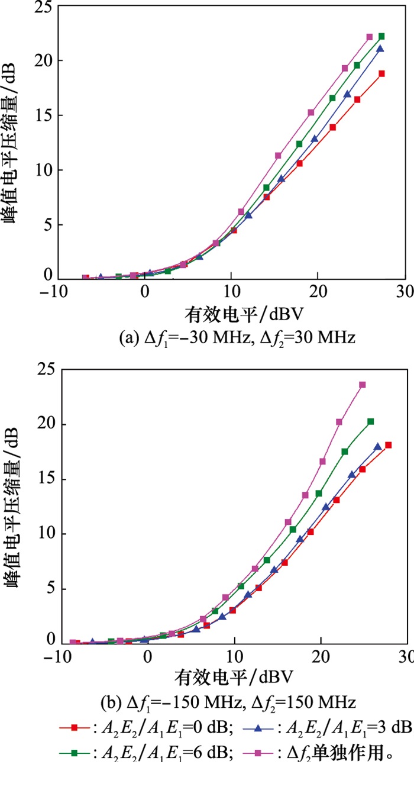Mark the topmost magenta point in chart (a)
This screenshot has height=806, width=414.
coord(370,37)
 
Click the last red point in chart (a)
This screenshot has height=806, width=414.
coord(382,73)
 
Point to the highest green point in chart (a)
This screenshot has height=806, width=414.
coord(381,36)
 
